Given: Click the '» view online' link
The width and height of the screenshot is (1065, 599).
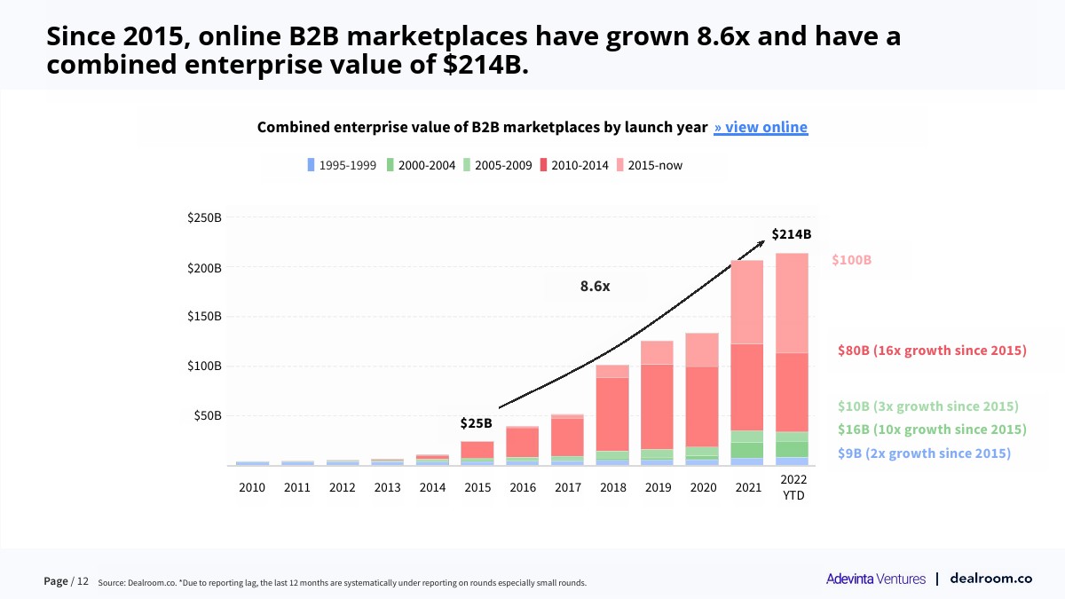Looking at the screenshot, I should [761, 127].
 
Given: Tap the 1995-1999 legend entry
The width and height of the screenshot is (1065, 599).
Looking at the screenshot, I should [342, 165].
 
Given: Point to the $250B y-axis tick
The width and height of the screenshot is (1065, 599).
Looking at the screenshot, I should [204, 218].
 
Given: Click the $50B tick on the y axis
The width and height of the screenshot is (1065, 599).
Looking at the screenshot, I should [207, 415].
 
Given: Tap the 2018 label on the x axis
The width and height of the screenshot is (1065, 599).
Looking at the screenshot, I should [613, 487].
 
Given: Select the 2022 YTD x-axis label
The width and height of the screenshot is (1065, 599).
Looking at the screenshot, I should [793, 487].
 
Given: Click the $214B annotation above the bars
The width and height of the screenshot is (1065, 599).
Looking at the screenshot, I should [791, 234].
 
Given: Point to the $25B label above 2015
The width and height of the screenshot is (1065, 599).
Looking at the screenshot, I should [476, 423].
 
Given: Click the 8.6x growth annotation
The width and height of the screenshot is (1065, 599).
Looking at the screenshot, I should [596, 287].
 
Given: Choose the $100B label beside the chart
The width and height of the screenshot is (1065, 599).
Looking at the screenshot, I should [851, 260].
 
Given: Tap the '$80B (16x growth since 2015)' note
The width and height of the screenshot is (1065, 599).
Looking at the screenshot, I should [932, 351].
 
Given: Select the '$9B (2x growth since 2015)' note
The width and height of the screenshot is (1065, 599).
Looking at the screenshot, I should [924, 453].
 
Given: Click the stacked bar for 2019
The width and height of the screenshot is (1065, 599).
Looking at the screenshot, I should [658, 403].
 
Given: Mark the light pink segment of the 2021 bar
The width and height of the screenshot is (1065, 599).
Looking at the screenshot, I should [747, 302].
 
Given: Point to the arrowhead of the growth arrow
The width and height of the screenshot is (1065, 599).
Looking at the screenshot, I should [761, 241].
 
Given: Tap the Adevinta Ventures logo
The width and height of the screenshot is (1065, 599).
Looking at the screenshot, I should [875, 579].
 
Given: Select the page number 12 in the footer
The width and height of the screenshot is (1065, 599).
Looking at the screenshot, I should [83, 581].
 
